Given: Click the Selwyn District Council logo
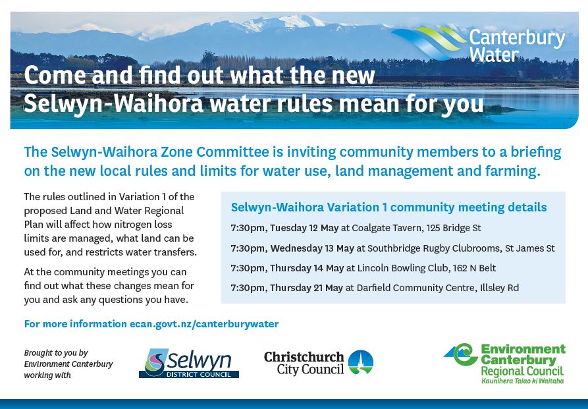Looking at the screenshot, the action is tap(188, 363).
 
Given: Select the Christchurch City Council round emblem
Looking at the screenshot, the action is tap(360, 362).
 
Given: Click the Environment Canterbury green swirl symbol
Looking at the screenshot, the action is tap(462, 354).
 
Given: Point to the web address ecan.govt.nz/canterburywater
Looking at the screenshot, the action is tap(204, 324).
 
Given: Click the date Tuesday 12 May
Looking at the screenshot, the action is tap(304, 228).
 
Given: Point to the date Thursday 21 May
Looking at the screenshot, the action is tap(306, 288).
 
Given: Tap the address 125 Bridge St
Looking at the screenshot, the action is tap(454, 228).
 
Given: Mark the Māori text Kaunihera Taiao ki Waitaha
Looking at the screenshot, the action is tap(522, 381).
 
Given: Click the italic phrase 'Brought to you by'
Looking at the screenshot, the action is tap(56, 353).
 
